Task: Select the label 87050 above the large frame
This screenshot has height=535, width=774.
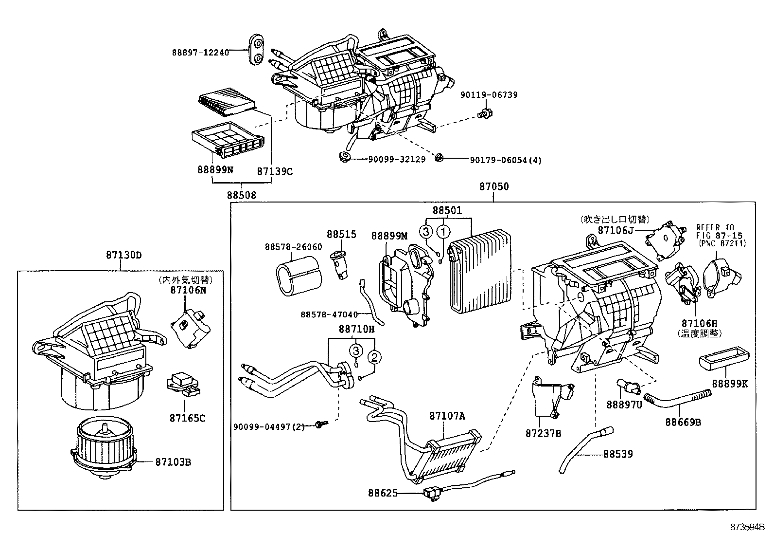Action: [494, 187]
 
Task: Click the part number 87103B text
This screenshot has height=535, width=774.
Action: [173, 462]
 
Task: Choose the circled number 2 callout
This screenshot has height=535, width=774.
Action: [374, 357]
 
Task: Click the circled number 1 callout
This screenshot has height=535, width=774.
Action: [443, 232]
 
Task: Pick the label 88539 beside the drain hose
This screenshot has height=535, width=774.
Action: [618, 454]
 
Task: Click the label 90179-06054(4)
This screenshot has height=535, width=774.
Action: [505, 160]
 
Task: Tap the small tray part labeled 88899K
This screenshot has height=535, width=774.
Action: [723, 362]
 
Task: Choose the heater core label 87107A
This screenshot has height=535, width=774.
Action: [447, 416]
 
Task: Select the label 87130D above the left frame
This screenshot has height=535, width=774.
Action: [123, 255]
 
